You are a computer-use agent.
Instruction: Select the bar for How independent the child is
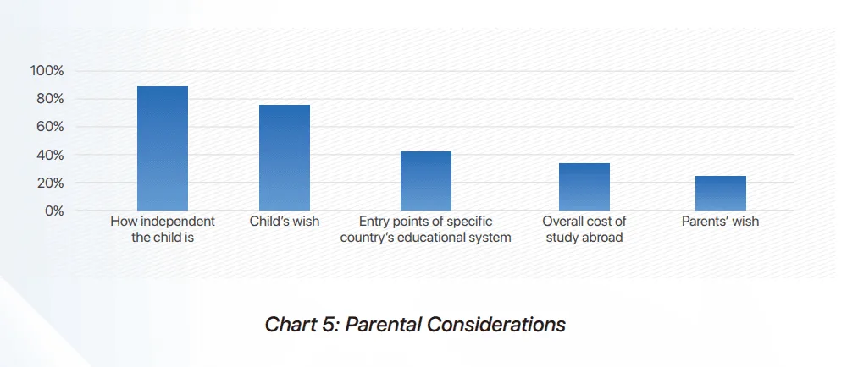point(163,148)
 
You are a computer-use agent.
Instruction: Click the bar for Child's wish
point(285,157)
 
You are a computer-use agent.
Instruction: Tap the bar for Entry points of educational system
point(426,180)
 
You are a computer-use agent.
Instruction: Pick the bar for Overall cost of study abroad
point(584,187)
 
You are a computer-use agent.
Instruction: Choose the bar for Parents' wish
point(721,193)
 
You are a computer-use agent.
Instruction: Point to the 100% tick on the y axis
point(47,70)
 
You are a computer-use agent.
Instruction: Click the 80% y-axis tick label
point(50,99)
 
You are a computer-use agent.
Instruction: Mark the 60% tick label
point(50,127)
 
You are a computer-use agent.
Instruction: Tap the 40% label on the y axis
point(50,155)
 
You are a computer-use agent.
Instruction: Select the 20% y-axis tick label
point(50,183)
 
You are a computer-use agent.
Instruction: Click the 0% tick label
point(54,211)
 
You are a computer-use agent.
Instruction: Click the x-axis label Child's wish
point(285,222)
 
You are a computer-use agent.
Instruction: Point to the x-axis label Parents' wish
point(720,222)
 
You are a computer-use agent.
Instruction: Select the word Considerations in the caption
point(495,325)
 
